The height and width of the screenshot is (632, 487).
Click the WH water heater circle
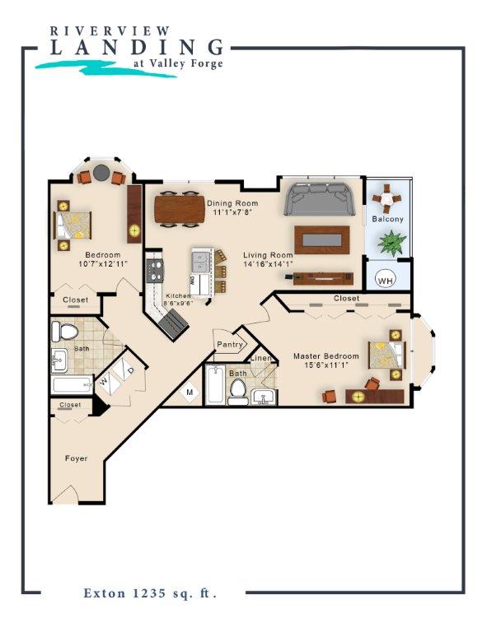click(x=385, y=280)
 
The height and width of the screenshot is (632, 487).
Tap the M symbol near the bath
click(x=189, y=393)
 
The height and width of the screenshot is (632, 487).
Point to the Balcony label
click(x=387, y=220)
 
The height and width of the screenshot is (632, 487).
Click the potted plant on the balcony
click(x=391, y=243)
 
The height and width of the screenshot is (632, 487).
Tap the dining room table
click(x=179, y=207)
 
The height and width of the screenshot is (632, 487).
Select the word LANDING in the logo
click(x=136, y=47)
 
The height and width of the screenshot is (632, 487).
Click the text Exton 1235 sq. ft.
click(x=149, y=592)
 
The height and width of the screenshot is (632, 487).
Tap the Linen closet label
click(x=261, y=358)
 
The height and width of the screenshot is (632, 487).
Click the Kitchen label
click(x=178, y=295)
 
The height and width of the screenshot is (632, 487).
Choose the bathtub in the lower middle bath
click(x=215, y=384)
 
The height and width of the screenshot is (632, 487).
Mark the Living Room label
click(x=269, y=255)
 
